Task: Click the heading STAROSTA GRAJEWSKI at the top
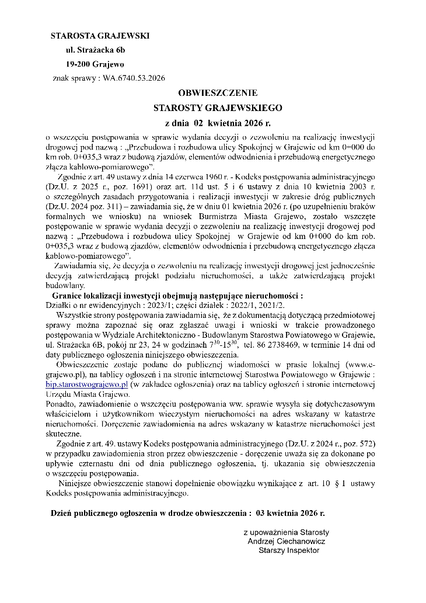coord(100,36)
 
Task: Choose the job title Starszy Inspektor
coord(289,550)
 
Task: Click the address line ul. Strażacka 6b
coord(95,50)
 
